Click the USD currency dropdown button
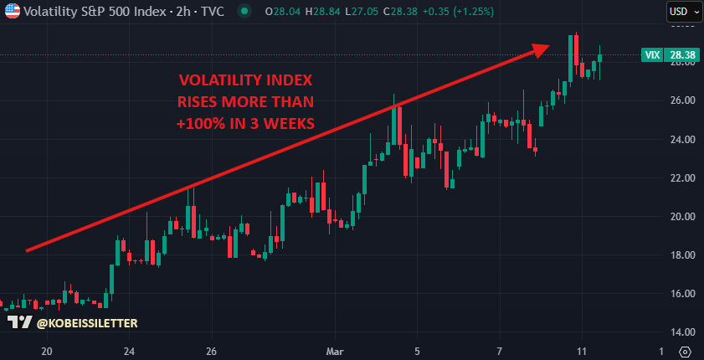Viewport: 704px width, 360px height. pyautogui.click(x=681, y=12)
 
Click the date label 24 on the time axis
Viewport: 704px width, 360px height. pyautogui.click(x=130, y=352)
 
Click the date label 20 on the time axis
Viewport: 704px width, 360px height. pyautogui.click(x=47, y=352)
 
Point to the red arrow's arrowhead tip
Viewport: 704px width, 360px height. pyautogui.click(x=549, y=45)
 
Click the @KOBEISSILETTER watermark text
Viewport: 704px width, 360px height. pyautogui.click(x=87, y=322)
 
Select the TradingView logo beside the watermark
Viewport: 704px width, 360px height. pyautogui.click(x=19, y=322)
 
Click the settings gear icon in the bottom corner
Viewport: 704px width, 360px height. pyautogui.click(x=686, y=352)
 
